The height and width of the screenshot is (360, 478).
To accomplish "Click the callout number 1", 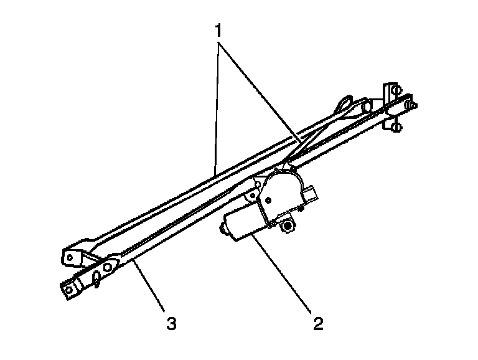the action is (218, 31).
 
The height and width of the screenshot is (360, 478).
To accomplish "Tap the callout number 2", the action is (318, 323).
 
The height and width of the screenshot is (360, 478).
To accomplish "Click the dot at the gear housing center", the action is (268, 200).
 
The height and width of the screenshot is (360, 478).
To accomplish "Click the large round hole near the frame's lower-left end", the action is (108, 268).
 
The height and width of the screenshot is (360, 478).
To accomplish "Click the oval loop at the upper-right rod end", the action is (344, 102).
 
